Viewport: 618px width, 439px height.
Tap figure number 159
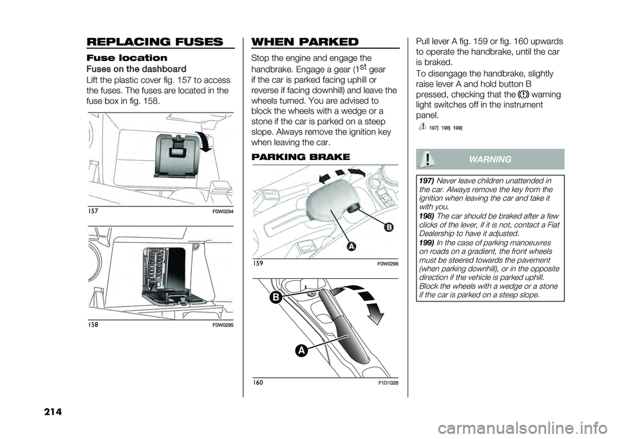pos(257,264)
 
